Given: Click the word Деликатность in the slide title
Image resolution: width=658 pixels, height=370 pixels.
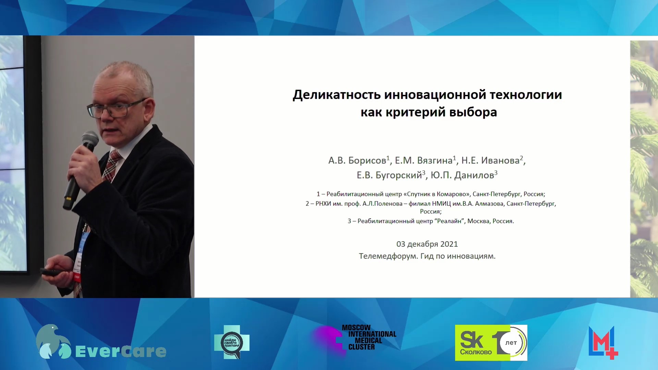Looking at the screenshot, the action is click(337, 95).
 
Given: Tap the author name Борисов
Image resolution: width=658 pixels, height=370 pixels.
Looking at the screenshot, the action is click(367, 160).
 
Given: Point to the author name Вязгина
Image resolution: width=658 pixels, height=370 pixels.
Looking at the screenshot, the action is click(435, 160).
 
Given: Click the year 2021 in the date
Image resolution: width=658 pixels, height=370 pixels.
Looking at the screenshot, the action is click(449, 244).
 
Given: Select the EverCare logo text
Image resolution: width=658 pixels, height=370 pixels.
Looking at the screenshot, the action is click(120, 351).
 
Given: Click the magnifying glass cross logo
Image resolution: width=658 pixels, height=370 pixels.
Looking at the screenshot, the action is click(232, 342).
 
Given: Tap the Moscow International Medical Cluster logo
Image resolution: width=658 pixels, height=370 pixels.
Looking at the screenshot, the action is click(355, 338).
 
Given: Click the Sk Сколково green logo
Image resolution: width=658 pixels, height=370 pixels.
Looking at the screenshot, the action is click(491, 343).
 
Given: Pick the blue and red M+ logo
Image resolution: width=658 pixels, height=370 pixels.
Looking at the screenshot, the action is click(603, 343).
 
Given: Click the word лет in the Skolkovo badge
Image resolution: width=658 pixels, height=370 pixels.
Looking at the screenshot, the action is click(511, 343).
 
